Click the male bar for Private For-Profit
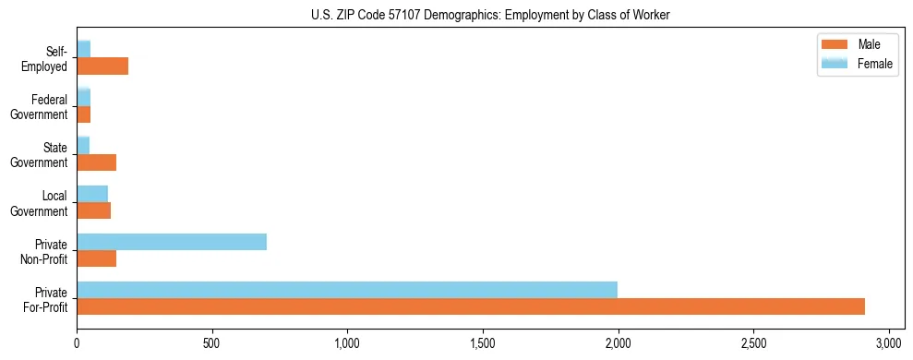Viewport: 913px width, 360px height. [x=471, y=306]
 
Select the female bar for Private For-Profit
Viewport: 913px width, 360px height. [x=347, y=289]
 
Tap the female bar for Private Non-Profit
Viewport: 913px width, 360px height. [x=172, y=242]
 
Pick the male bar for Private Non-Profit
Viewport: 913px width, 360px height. [x=97, y=258]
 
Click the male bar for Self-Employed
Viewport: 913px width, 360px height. [x=102, y=66]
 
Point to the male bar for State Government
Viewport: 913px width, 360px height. [x=97, y=162]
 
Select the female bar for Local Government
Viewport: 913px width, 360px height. [x=92, y=194]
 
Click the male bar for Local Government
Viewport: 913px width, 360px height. [x=94, y=210]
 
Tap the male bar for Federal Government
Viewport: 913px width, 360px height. [x=84, y=114]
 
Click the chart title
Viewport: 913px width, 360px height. [x=492, y=15]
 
